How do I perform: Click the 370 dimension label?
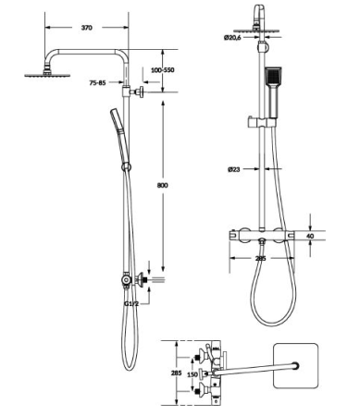[x=87, y=28]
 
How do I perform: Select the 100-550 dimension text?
[x=163, y=70]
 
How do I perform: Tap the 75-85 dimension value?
[x=97, y=82]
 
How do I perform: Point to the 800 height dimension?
[x=163, y=185]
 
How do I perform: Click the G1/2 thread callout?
[x=131, y=303]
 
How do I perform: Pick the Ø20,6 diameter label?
[x=232, y=38]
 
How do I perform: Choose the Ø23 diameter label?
[x=234, y=169]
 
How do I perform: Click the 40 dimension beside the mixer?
[x=310, y=236]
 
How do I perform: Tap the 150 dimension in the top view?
[x=192, y=374]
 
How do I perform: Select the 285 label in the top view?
[x=176, y=373]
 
